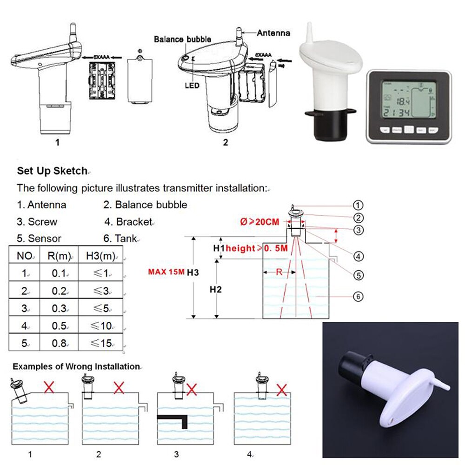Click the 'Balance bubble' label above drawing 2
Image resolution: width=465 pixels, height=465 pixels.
coord(182,39)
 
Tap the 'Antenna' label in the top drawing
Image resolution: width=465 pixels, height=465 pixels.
coord(273,33)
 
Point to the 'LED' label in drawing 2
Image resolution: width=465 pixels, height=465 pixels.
coord(192,86)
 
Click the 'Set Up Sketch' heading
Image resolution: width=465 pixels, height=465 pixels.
coord(52,171)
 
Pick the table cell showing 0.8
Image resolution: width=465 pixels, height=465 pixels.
coord(60,344)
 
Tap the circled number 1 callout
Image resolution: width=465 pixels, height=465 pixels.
coord(358,205)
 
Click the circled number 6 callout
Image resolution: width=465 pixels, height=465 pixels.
coord(358,296)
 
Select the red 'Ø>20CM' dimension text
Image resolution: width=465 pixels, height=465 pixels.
coord(260,222)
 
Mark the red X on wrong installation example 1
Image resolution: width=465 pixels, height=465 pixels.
coord(47,386)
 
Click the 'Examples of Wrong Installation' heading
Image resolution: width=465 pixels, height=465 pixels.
coord(76,366)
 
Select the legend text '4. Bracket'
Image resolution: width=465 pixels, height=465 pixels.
coord(128,222)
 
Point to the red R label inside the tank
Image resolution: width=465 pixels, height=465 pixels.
coord(279,272)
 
